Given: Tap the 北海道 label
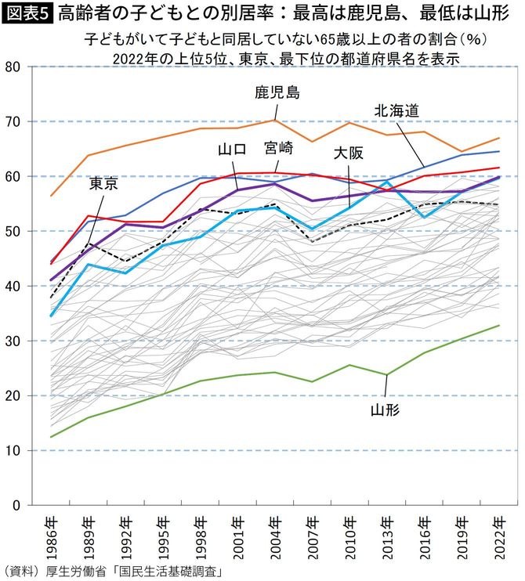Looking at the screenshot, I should (400, 110).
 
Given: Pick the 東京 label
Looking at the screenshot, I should (103, 184).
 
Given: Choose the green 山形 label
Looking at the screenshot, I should (386, 408).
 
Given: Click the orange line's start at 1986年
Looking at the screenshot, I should (50, 196).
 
